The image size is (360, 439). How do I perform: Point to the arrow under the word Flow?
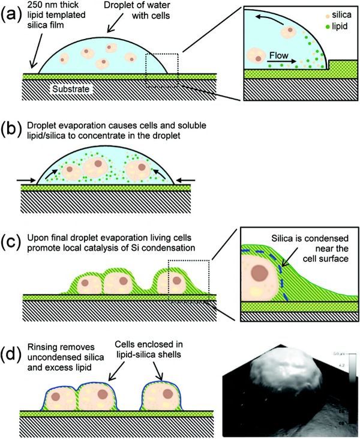click(281, 61)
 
